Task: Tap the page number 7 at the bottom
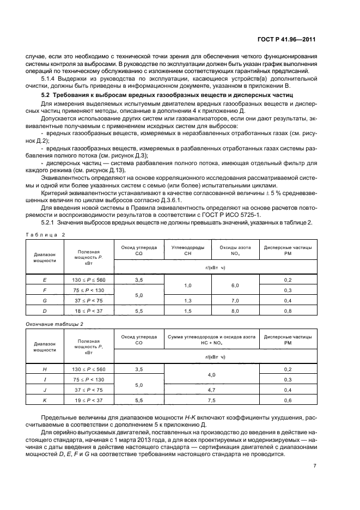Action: [315, 465]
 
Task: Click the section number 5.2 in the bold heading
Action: [34, 95]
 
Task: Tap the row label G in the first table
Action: [44, 300]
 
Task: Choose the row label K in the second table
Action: [44, 400]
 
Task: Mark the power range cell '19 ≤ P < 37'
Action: [87, 400]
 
